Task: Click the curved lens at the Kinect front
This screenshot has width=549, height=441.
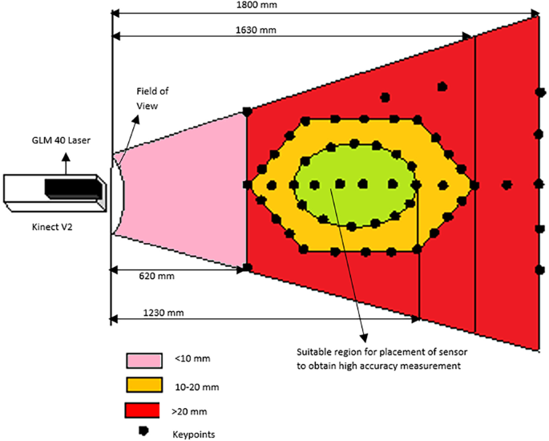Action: pos(116,192)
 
